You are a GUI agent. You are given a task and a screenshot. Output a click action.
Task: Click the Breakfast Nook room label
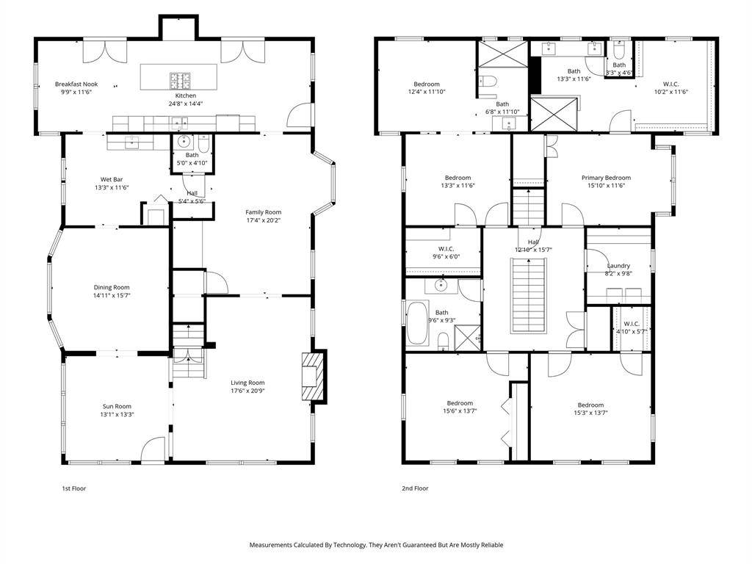(x=76, y=84)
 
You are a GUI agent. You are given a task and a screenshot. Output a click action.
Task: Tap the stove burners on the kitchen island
(x=180, y=81)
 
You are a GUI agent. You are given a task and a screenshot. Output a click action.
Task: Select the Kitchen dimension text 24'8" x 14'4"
(x=186, y=103)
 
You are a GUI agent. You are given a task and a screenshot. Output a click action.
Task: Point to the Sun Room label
(x=117, y=406)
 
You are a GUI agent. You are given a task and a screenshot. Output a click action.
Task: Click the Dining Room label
(x=112, y=287)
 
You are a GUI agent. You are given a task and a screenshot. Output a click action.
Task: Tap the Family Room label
(x=264, y=212)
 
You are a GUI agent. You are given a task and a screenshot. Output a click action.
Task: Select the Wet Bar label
(x=112, y=179)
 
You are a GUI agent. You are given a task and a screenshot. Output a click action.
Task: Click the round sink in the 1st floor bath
(x=184, y=141)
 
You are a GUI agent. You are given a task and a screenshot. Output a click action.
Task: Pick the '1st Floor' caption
(x=74, y=488)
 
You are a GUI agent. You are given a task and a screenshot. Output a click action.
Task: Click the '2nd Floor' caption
(x=415, y=488)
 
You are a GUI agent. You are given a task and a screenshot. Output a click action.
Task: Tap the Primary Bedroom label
(x=606, y=178)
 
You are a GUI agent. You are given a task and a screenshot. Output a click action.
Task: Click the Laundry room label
(x=618, y=266)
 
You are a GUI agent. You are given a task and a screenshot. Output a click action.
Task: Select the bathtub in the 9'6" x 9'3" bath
(x=417, y=323)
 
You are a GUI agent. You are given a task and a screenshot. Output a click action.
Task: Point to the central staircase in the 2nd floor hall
(x=529, y=294)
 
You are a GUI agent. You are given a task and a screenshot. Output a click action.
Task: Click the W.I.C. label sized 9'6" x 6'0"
(x=446, y=249)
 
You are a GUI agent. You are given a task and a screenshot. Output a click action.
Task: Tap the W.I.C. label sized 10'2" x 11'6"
(x=671, y=84)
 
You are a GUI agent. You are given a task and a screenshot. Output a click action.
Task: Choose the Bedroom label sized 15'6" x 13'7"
(x=460, y=403)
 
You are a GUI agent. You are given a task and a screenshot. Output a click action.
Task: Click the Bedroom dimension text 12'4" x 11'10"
(x=427, y=92)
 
